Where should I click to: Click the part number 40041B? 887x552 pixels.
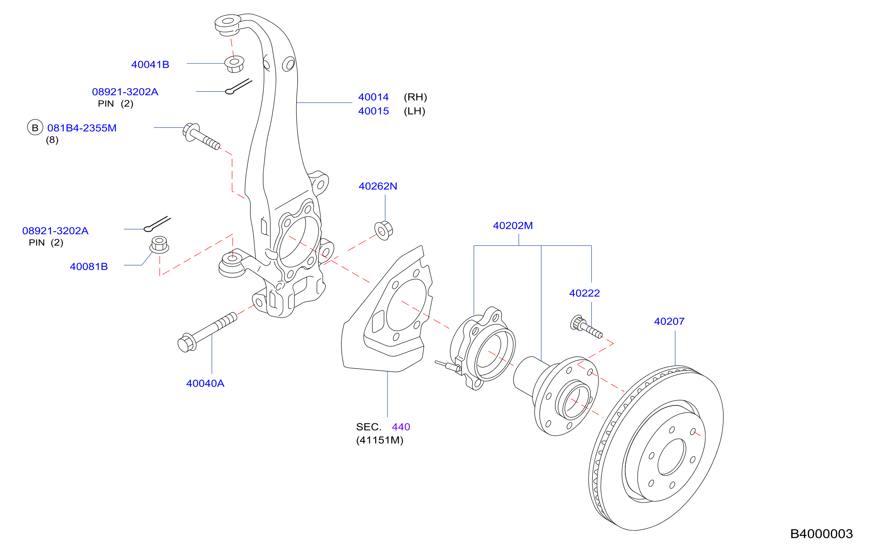(x=150, y=64)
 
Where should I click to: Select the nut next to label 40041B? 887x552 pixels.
(x=234, y=64)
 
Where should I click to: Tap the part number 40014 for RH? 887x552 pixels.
(x=373, y=97)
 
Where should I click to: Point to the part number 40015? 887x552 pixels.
(x=373, y=111)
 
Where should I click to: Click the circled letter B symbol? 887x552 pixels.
(x=35, y=128)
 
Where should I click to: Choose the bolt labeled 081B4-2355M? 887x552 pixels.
(x=201, y=136)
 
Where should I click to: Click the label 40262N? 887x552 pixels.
(x=378, y=186)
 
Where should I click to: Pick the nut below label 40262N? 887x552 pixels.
(x=383, y=231)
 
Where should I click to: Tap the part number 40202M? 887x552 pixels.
(x=513, y=225)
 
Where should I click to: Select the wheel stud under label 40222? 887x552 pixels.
(x=586, y=327)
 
